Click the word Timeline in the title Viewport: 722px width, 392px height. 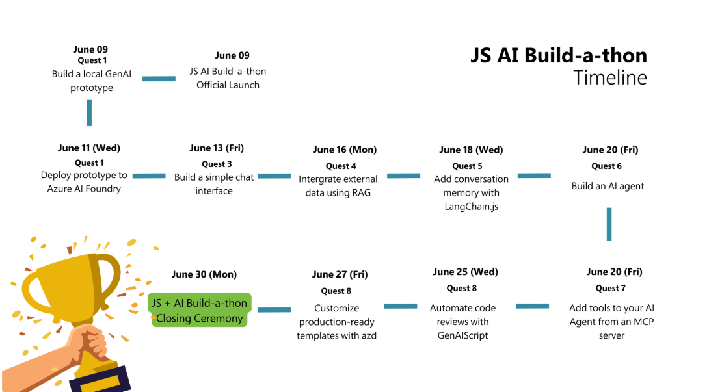click(610, 77)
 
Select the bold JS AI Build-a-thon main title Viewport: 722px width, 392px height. click(559, 55)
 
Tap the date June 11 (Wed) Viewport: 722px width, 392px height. click(88, 148)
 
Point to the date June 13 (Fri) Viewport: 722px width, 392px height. click(217, 148)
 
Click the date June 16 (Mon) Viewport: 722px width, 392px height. click(344, 150)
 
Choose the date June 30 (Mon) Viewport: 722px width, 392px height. click(204, 274)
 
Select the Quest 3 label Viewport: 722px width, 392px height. click(217, 164)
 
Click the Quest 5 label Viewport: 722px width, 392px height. click(467, 166)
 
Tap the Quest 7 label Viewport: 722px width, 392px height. click(610, 288)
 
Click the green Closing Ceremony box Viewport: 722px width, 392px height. click(200, 311)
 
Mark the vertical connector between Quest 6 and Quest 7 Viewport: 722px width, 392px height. click(609, 224)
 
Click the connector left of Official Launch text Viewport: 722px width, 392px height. click(159, 79)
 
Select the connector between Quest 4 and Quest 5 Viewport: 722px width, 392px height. click(404, 176)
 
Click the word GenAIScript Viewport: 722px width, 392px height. click(462, 335)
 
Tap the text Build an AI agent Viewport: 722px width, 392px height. click(608, 186)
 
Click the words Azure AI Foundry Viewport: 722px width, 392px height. click(84, 189)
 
